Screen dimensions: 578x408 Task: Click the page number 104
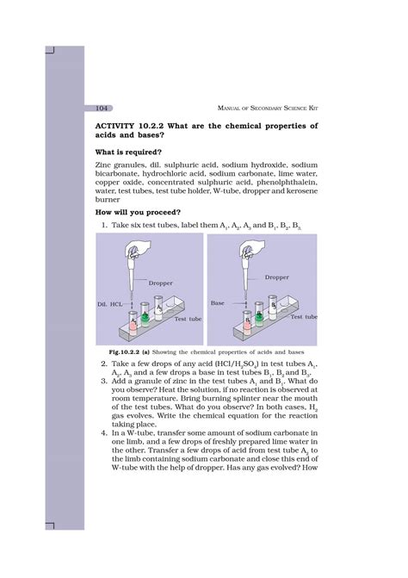coord(102,108)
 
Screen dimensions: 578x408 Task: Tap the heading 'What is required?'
coord(129,152)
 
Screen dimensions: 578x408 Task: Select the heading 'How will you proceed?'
coord(138,212)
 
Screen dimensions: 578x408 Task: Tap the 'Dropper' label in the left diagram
coord(161,282)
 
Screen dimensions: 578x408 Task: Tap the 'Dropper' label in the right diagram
coord(277,277)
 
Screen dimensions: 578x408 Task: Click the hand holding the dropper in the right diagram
coord(250,247)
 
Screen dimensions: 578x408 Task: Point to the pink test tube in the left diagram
coord(133,323)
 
